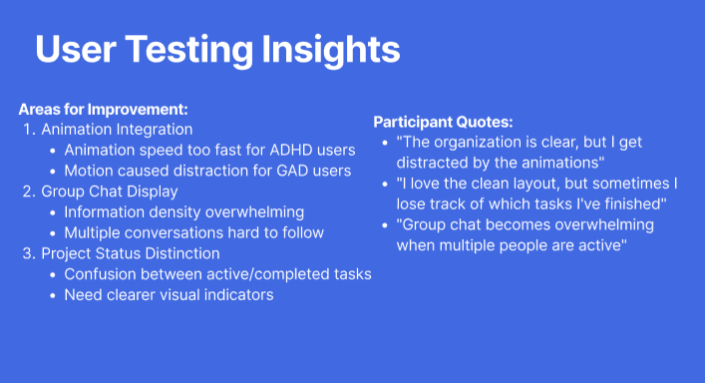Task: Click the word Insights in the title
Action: [x=331, y=51]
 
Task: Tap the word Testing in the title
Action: [x=188, y=51]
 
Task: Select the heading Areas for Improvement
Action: [x=103, y=110]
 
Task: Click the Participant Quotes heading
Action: [x=443, y=122]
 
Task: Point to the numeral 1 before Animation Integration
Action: [x=28, y=130]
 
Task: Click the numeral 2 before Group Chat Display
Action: [x=28, y=191]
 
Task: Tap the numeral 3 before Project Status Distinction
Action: [x=28, y=253]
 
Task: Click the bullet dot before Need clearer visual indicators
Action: [x=53, y=296]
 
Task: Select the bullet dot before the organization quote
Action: [x=385, y=143]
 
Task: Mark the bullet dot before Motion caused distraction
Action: [x=53, y=172]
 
